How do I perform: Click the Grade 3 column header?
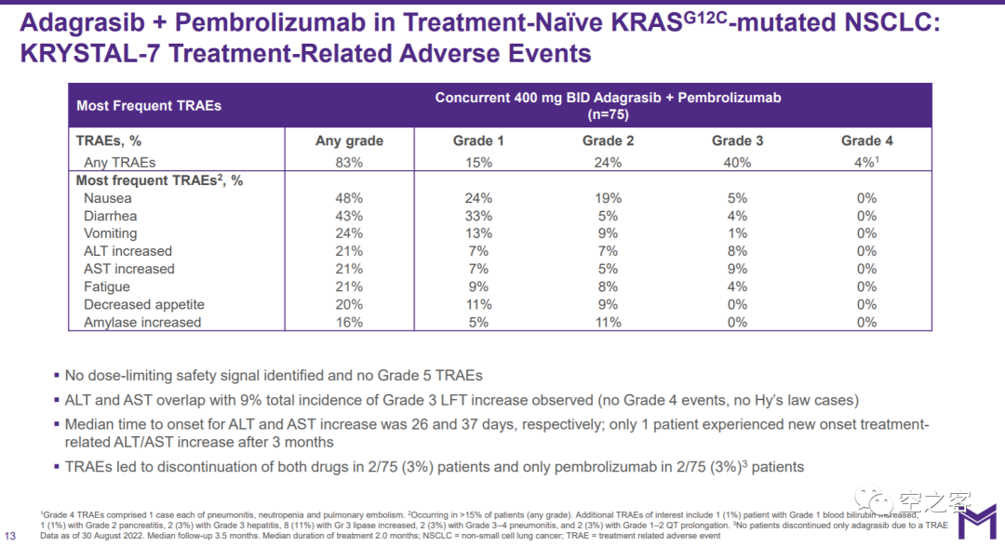click(x=737, y=140)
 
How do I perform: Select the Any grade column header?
click(x=349, y=140)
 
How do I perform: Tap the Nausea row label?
click(x=108, y=198)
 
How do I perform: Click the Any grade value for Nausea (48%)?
click(x=349, y=198)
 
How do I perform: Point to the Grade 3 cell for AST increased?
click(x=737, y=269)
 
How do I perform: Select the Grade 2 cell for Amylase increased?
click(x=608, y=322)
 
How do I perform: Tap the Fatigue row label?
click(x=107, y=286)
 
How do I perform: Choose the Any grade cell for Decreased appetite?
click(x=349, y=304)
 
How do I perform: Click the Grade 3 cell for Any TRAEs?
click(x=737, y=162)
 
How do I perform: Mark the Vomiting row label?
click(x=110, y=233)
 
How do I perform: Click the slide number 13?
click(x=10, y=535)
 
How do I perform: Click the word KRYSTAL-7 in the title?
click(x=89, y=53)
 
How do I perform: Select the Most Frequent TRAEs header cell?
click(x=149, y=105)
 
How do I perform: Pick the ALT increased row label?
click(x=127, y=251)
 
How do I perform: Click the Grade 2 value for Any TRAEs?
click(x=608, y=162)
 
